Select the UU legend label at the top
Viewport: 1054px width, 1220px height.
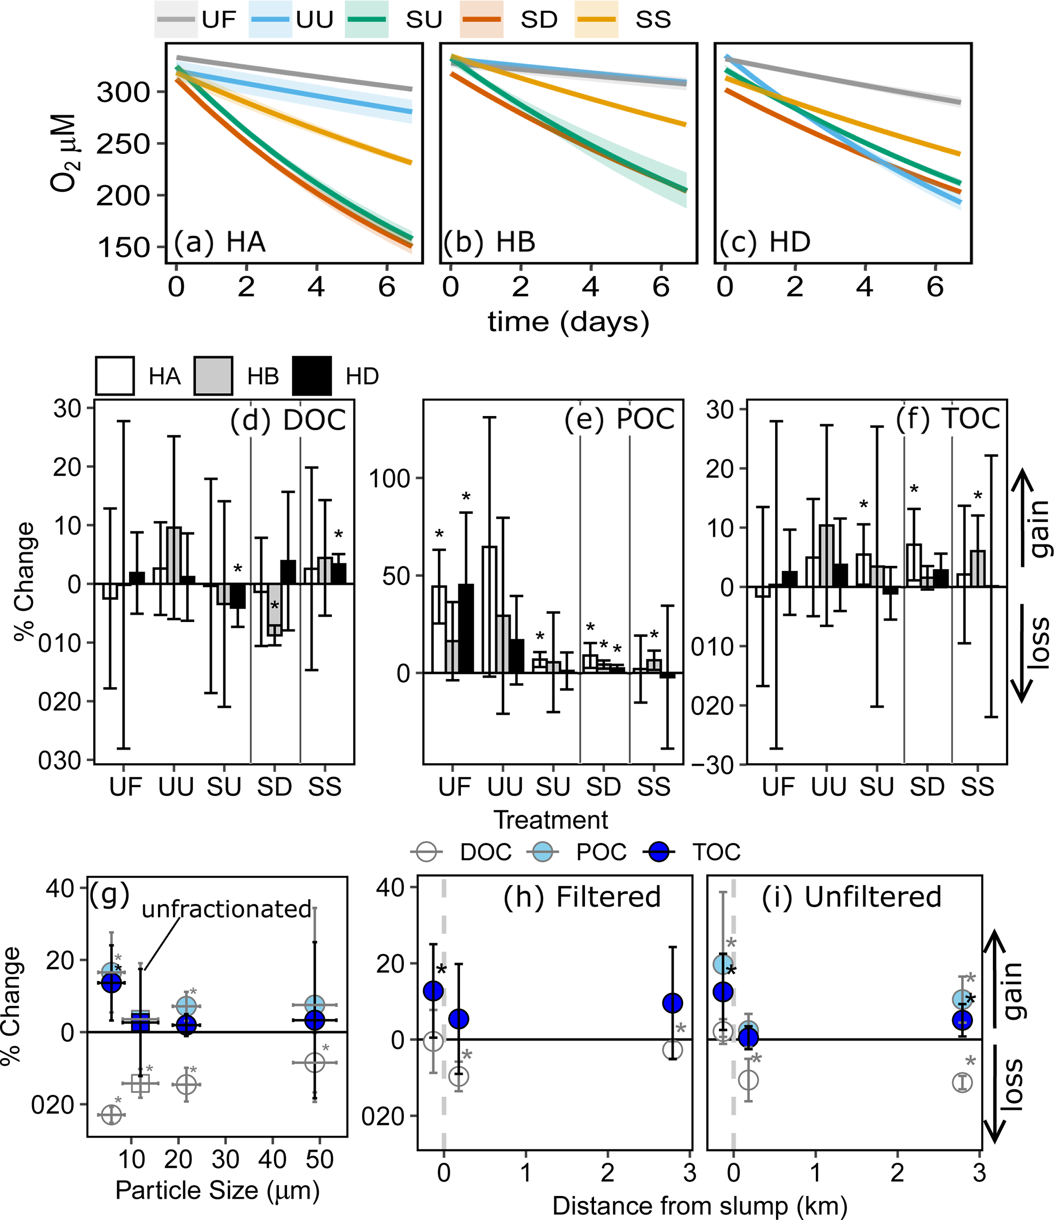[315, 20]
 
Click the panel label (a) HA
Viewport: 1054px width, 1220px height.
[220, 242]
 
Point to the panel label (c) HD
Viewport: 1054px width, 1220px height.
[765, 242]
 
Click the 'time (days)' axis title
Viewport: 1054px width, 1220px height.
[568, 322]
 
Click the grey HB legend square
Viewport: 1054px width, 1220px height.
[213, 376]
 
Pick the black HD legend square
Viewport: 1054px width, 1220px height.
[312, 376]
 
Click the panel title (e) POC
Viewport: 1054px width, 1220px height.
[620, 419]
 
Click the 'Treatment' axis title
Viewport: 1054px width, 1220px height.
[551, 820]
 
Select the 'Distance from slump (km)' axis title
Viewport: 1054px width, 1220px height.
[700, 1206]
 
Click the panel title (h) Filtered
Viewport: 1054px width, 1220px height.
[582, 897]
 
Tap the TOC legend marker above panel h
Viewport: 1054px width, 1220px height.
[659, 852]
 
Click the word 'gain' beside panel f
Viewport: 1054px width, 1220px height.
[1040, 529]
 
